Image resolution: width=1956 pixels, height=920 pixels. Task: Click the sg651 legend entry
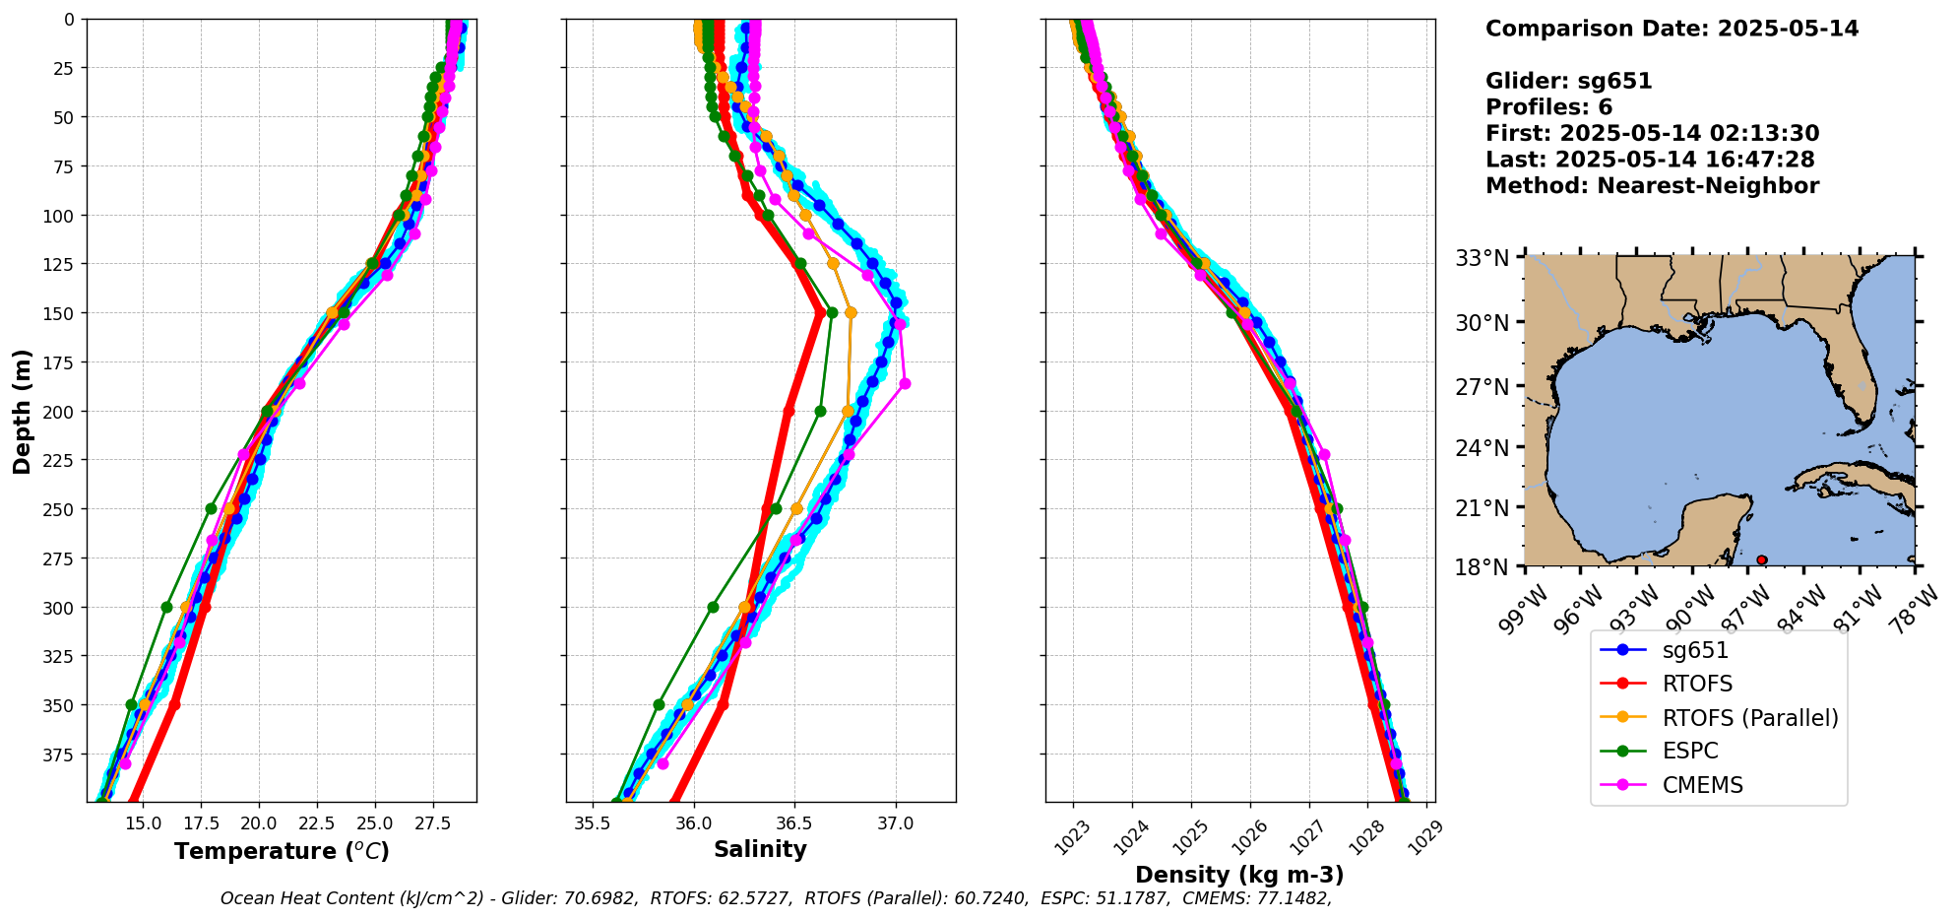point(1695,650)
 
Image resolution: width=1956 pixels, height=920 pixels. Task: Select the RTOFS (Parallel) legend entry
point(1749,718)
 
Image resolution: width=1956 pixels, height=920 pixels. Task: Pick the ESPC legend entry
point(1689,751)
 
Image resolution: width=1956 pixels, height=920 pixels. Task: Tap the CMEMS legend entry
point(1702,785)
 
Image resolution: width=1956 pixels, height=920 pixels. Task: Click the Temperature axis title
point(282,851)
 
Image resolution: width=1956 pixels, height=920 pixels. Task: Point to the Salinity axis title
point(760,849)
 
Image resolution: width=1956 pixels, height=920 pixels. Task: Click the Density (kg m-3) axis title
point(1239,875)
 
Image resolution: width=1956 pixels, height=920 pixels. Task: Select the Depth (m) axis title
point(22,411)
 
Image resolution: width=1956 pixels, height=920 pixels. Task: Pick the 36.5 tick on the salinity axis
point(794,822)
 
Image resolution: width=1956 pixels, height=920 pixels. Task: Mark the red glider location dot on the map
point(1761,559)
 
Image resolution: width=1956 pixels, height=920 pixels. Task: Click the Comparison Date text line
point(1672,29)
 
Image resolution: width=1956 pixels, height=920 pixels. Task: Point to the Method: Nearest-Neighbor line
point(1652,185)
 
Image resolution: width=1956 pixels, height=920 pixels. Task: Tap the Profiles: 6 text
point(1548,107)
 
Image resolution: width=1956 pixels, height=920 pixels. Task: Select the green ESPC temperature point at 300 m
point(166,607)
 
